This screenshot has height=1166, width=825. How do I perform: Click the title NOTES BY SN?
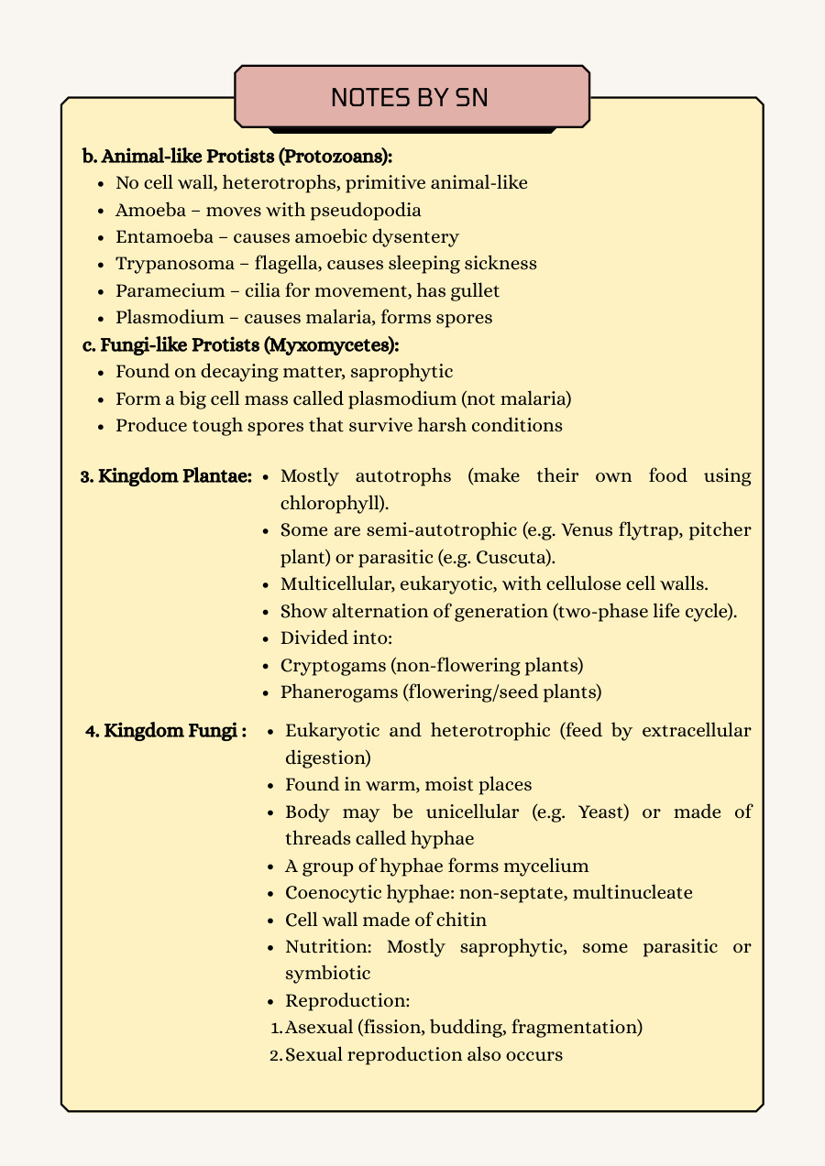click(411, 97)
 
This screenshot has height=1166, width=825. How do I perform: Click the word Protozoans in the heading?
click(338, 156)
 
